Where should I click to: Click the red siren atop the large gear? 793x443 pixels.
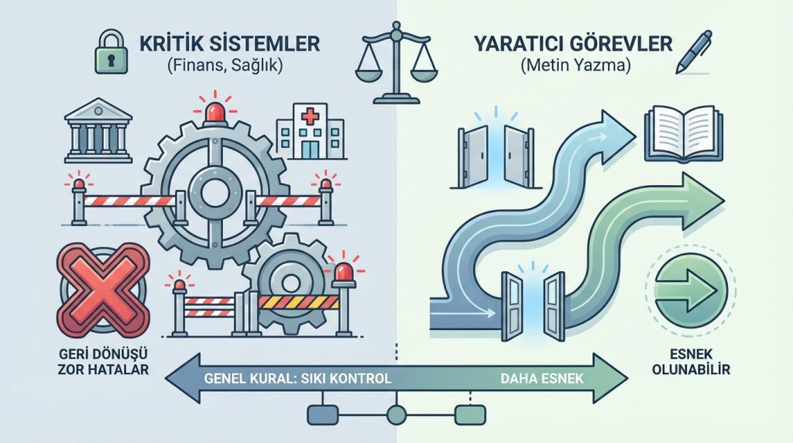[215, 114]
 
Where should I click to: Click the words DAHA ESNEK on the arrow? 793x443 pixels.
[542, 379]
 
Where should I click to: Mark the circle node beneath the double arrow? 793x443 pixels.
[396, 415]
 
